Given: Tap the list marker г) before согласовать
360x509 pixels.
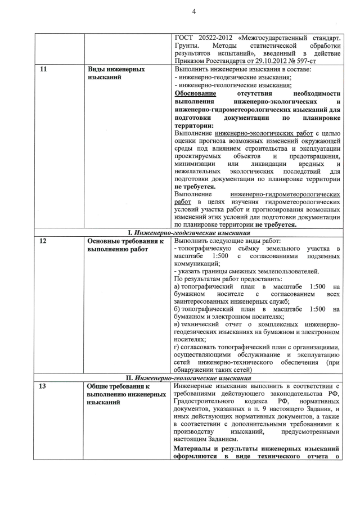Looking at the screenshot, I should coord(177,346).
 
